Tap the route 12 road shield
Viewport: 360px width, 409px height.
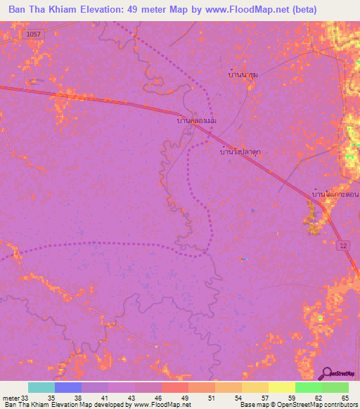pos(342,245)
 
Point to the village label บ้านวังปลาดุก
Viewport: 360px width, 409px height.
pos(241,150)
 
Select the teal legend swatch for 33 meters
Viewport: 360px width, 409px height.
pos(41,387)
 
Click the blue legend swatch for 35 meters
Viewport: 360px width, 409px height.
pos(68,387)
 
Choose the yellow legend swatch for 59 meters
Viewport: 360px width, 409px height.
pos(282,387)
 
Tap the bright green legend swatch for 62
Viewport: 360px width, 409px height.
pos(309,387)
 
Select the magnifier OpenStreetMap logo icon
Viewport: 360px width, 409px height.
pos(326,373)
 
